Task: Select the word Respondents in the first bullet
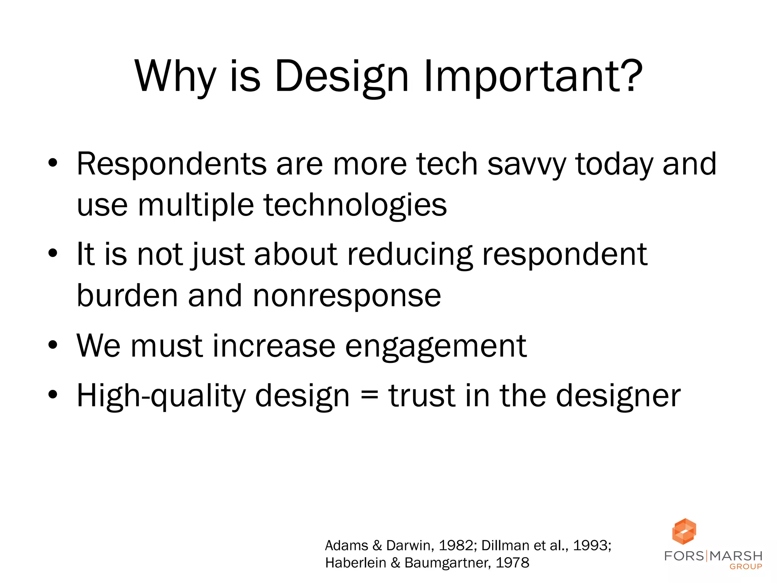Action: pyautogui.click(x=171, y=164)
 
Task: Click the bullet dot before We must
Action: pyautogui.click(x=53, y=345)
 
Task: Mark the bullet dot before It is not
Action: pyautogui.click(x=53, y=254)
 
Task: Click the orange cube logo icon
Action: pyautogui.click(x=684, y=531)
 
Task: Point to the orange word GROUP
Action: pyautogui.click(x=746, y=567)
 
